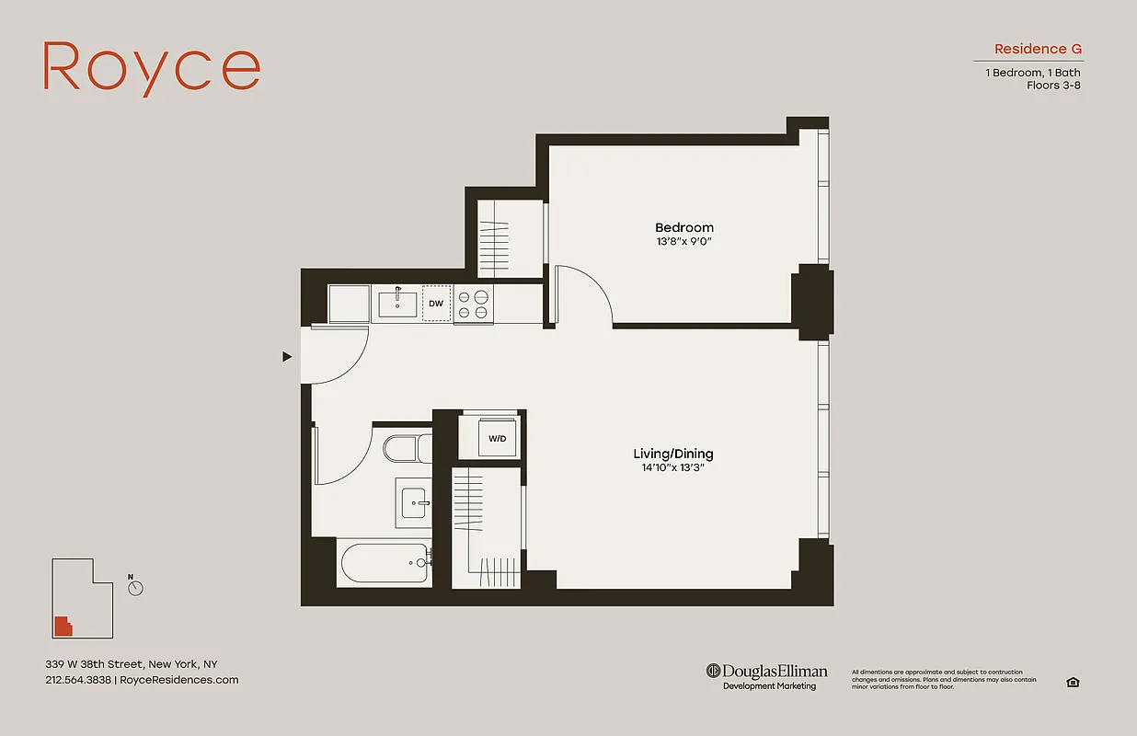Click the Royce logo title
tap(152, 67)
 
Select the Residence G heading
tap(1038, 49)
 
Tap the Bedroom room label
tap(683, 227)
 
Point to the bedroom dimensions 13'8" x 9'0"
tap(683, 242)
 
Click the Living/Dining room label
tap(672, 454)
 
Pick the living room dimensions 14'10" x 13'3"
tap(672, 467)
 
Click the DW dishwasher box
tap(436, 304)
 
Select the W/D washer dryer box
tap(497, 438)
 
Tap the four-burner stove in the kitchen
tap(473, 305)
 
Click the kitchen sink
tap(397, 305)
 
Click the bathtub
tap(385, 563)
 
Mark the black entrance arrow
tap(287, 357)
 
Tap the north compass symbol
tap(136, 587)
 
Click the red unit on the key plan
tap(63, 627)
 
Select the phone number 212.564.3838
tap(79, 680)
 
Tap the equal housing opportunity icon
tap(1072, 682)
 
